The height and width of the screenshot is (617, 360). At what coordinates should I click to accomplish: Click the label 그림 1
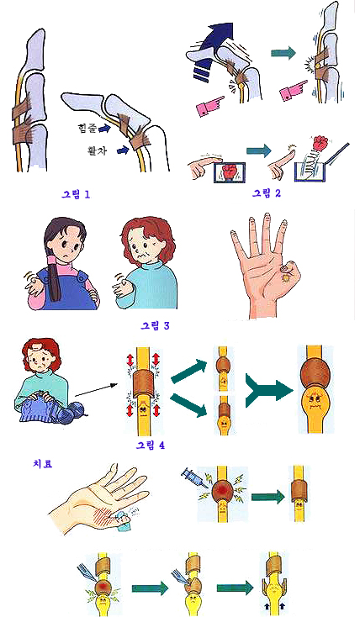pos(76,194)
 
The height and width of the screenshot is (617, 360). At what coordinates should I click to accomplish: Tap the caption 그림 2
pos(267,193)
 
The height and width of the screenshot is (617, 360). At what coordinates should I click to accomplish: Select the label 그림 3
pos(155,325)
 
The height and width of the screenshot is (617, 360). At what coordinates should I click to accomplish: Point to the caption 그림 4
pos(150,445)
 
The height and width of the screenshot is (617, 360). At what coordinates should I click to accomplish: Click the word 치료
pos(43,463)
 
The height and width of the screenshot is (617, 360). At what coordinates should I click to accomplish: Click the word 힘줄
pos(87,128)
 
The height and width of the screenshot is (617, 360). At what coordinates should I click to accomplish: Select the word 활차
pos(97,150)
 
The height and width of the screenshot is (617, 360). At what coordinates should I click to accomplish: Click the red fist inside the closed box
pos(230,173)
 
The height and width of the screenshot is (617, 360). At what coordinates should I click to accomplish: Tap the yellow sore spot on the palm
pos(285,278)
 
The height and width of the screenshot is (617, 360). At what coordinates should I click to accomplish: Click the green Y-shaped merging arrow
pos(268,391)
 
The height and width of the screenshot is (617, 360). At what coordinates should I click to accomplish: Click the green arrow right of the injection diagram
pos(267,497)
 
